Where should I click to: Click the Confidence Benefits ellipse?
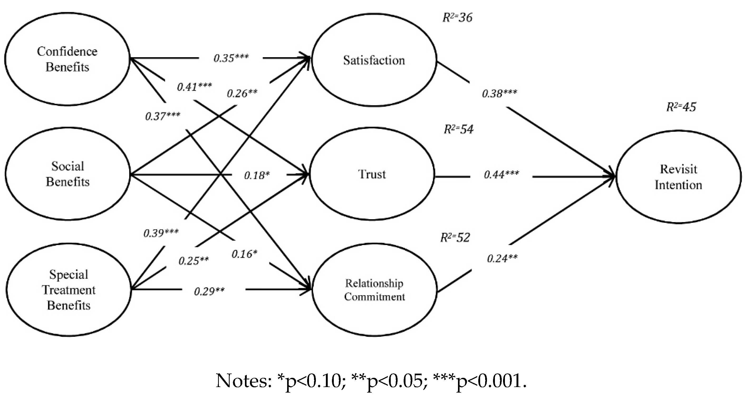pyautogui.click(x=67, y=59)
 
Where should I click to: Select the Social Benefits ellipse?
pyautogui.click(x=68, y=174)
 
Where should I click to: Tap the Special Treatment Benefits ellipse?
pyautogui.click(x=69, y=290)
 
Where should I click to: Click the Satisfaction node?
pyautogui.click(x=374, y=60)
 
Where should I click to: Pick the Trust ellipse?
pyautogui.click(x=372, y=174)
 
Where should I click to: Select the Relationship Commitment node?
pyautogui.click(x=374, y=290)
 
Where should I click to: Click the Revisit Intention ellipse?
pyautogui.click(x=678, y=177)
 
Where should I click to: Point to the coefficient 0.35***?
pyautogui.click(x=231, y=58)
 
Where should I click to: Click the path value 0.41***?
pyautogui.click(x=194, y=87)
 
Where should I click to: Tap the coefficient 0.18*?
pyautogui.click(x=257, y=175)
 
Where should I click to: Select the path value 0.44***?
pyautogui.click(x=501, y=175)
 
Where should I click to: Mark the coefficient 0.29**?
pyautogui.click(x=209, y=291)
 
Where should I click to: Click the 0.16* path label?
pyautogui.click(x=244, y=254)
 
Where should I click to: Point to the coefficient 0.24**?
pyautogui.click(x=502, y=258)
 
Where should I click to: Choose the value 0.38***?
pyautogui.click(x=499, y=94)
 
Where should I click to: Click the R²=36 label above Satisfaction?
pyautogui.click(x=457, y=18)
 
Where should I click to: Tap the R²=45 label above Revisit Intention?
pyautogui.click(x=681, y=107)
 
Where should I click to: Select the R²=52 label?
pyautogui.click(x=455, y=238)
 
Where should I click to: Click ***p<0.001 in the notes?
pyautogui.click(x=479, y=381)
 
